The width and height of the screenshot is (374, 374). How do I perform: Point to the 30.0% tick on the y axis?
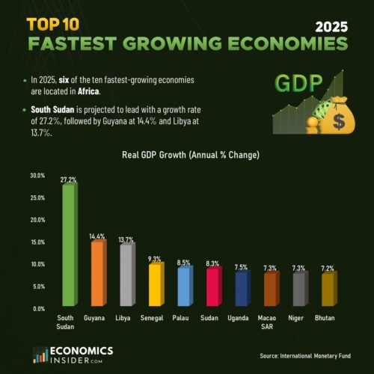pyautogui.click(x=37, y=176)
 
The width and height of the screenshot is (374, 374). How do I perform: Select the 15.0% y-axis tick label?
pyautogui.click(x=37, y=242)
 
